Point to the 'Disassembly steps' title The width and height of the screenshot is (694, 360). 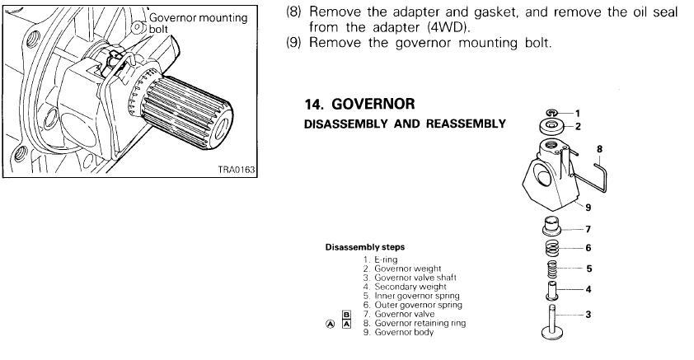click(365, 246)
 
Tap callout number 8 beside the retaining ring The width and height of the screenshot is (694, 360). click(599, 150)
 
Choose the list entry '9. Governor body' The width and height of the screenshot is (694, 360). click(407, 332)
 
